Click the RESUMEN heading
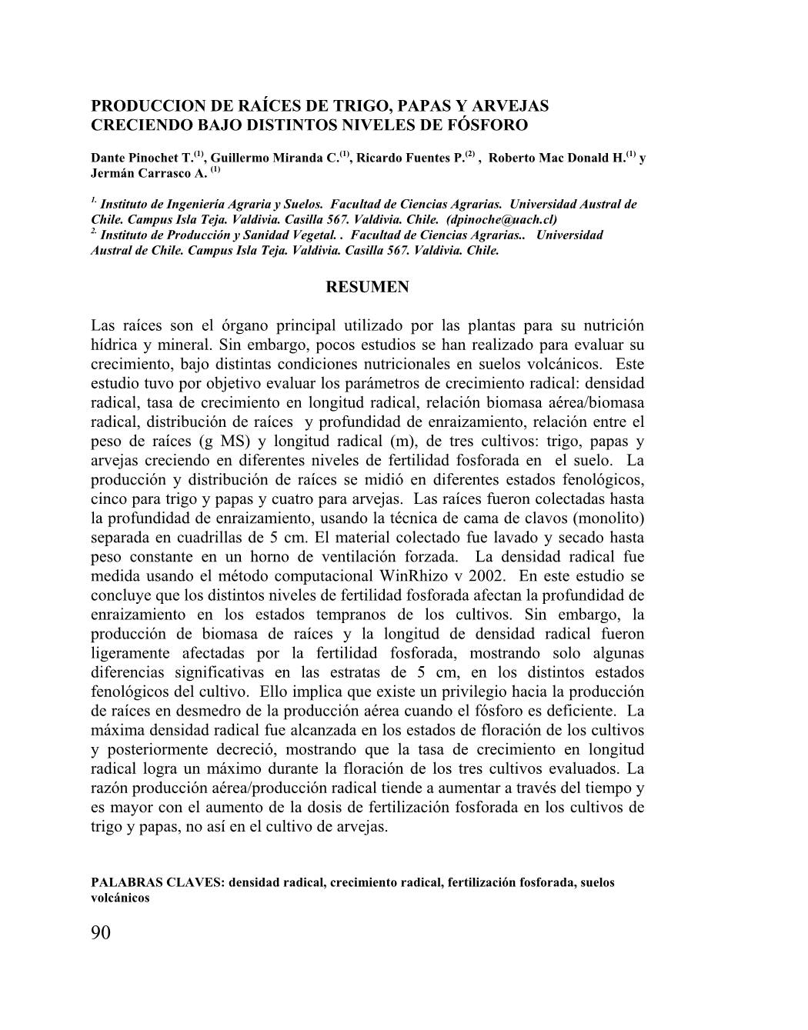click(x=368, y=287)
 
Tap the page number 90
click(x=101, y=933)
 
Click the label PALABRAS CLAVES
click(x=156, y=882)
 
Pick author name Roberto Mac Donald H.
click(x=556, y=158)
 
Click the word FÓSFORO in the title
click(x=494, y=125)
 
